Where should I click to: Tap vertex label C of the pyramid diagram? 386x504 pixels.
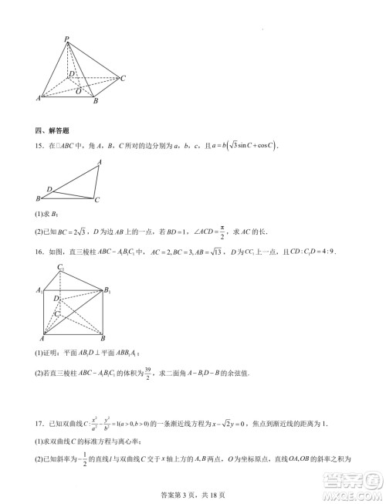[124, 78]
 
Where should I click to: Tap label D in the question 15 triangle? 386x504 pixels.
[49, 188]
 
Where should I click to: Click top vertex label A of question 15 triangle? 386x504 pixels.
[100, 162]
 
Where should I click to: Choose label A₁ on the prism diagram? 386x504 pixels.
[39, 290]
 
